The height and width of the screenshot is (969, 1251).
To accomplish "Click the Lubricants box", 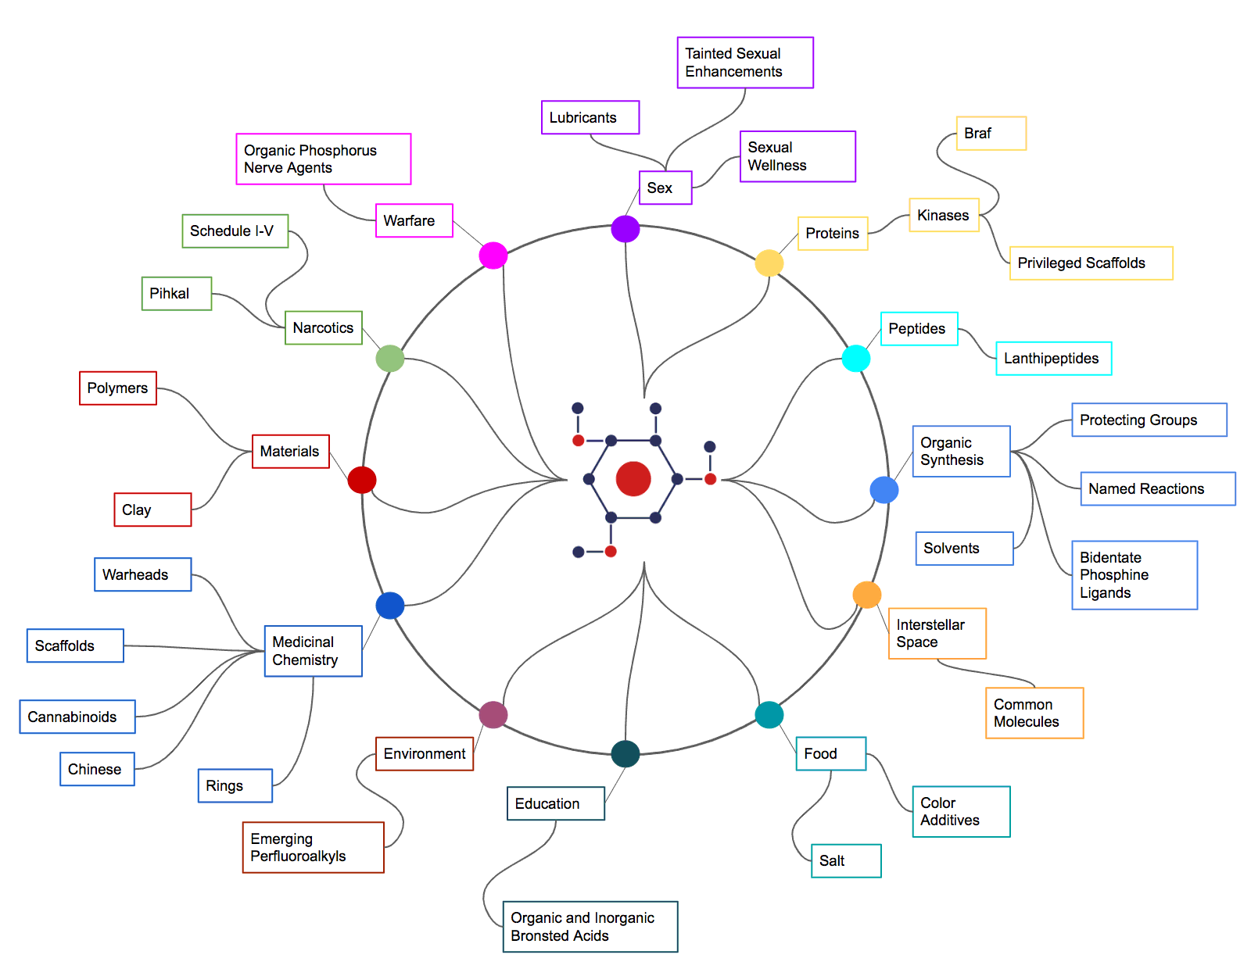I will point(590,117).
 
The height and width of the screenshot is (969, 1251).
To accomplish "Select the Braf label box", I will point(991,134).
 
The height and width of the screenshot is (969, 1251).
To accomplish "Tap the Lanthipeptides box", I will point(1053,359).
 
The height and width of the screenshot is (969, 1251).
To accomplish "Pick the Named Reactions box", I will point(1157,488).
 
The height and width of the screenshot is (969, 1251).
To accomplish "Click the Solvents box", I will point(964,549).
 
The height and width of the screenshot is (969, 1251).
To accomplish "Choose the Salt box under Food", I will point(845,860).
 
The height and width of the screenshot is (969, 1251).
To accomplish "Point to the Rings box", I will point(235,785).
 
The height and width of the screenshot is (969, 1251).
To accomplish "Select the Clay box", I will point(152,510).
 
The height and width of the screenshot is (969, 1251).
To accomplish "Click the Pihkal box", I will point(176,294).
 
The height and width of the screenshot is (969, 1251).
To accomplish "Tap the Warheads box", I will point(142,574).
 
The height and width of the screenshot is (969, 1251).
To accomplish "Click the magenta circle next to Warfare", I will point(493,256).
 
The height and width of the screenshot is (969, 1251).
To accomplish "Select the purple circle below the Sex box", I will point(625,229).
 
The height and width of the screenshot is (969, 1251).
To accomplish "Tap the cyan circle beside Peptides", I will point(856,358).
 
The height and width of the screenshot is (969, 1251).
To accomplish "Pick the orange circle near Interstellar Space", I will point(867,595).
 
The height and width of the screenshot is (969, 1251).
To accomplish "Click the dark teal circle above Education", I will point(625,754).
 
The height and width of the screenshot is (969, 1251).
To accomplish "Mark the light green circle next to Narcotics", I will point(390,359).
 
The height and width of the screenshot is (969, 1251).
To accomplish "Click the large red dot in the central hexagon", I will point(633,479).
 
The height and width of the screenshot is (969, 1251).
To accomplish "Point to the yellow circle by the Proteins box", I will point(769,263).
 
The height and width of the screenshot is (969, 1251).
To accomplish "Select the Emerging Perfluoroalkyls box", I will point(313,847).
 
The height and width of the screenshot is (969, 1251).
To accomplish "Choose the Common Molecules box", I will point(1034,713).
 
